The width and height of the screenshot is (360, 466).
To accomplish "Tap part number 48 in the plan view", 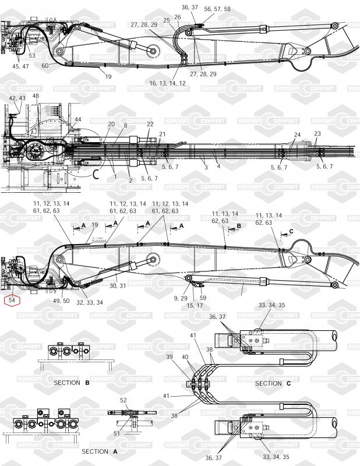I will pos(36,96).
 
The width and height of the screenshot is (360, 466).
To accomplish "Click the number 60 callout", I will pos(45,65).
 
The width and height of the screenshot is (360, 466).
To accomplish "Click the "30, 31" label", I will pos(118,285).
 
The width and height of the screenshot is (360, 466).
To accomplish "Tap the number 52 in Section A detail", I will pos(123,400).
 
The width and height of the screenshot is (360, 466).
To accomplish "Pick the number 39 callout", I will pos(170,356).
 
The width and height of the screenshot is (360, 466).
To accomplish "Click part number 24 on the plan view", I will pos(297,135).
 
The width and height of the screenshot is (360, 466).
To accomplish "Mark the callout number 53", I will pos(31,56).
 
